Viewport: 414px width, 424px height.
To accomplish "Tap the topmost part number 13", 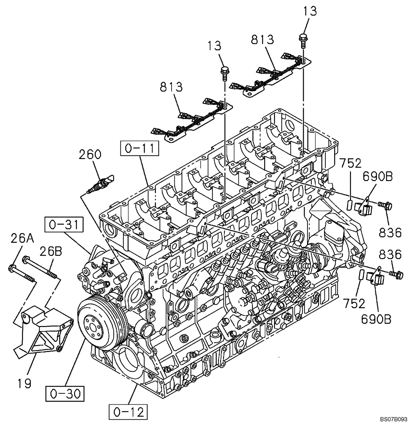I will (x=310, y=11).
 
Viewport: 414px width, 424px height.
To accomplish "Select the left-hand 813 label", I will (x=171, y=87).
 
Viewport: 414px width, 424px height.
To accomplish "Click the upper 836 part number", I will (x=390, y=232).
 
